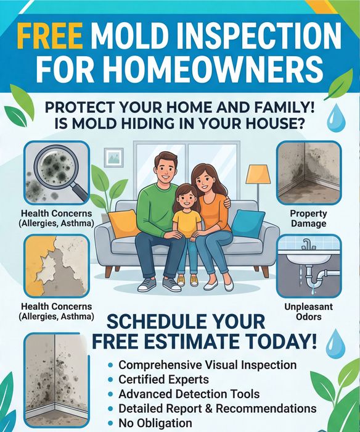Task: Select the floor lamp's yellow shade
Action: [x=257, y=174]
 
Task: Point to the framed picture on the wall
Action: [x=113, y=157]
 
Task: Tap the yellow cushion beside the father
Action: [x=123, y=223]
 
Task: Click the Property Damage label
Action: [x=309, y=218]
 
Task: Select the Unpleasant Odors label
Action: [x=309, y=312]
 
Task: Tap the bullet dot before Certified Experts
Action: [x=110, y=380]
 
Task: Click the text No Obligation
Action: [x=155, y=423]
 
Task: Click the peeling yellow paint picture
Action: [x=57, y=265]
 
